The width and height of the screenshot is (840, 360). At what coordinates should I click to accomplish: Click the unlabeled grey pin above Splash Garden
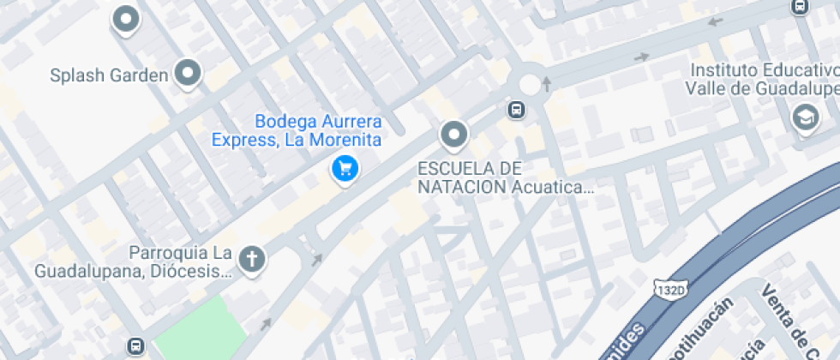[127, 19]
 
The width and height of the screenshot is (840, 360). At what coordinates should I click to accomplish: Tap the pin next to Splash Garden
[187, 74]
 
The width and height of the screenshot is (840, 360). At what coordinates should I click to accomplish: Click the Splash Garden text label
[108, 76]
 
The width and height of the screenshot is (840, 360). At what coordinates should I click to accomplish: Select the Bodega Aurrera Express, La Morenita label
[297, 130]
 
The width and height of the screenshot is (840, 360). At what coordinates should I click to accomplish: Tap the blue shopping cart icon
[345, 168]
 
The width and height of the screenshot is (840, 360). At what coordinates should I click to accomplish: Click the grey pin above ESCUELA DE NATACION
[453, 135]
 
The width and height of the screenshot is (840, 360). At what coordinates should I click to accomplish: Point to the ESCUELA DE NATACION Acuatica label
[506, 177]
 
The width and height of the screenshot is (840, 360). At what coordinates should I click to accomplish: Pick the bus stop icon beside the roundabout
[516, 110]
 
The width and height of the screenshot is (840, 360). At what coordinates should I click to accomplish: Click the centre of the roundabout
[530, 84]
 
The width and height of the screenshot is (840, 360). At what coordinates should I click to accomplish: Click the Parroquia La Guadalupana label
[133, 262]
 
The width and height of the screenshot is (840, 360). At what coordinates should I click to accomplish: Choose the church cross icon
[252, 259]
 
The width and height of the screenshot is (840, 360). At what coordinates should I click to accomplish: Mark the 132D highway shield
[670, 290]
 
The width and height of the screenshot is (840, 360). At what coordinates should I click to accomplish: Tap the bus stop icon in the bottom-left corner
[135, 346]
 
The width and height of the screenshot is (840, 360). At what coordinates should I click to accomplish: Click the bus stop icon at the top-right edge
[799, 7]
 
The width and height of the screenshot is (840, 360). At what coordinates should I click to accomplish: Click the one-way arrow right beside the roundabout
[547, 83]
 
